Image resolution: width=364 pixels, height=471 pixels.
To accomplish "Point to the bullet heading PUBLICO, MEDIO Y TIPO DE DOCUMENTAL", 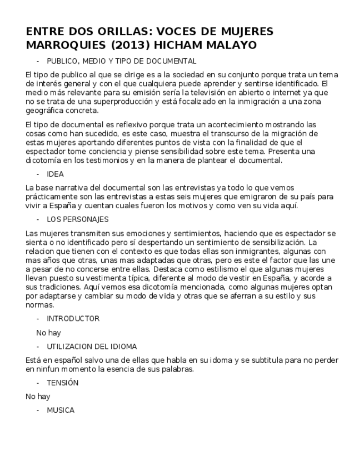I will [x=121, y=61].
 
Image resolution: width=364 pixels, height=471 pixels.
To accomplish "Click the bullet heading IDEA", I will [x=55, y=174].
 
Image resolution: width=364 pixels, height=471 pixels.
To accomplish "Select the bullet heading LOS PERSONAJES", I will [x=77, y=219].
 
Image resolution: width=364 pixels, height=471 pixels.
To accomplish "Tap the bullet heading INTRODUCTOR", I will [x=73, y=319].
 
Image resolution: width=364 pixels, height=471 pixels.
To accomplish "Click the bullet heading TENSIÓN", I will [x=62, y=383].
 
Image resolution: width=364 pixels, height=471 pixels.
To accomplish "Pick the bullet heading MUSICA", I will [x=60, y=410].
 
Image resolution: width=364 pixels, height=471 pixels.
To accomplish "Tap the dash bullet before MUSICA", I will [x=38, y=410].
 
